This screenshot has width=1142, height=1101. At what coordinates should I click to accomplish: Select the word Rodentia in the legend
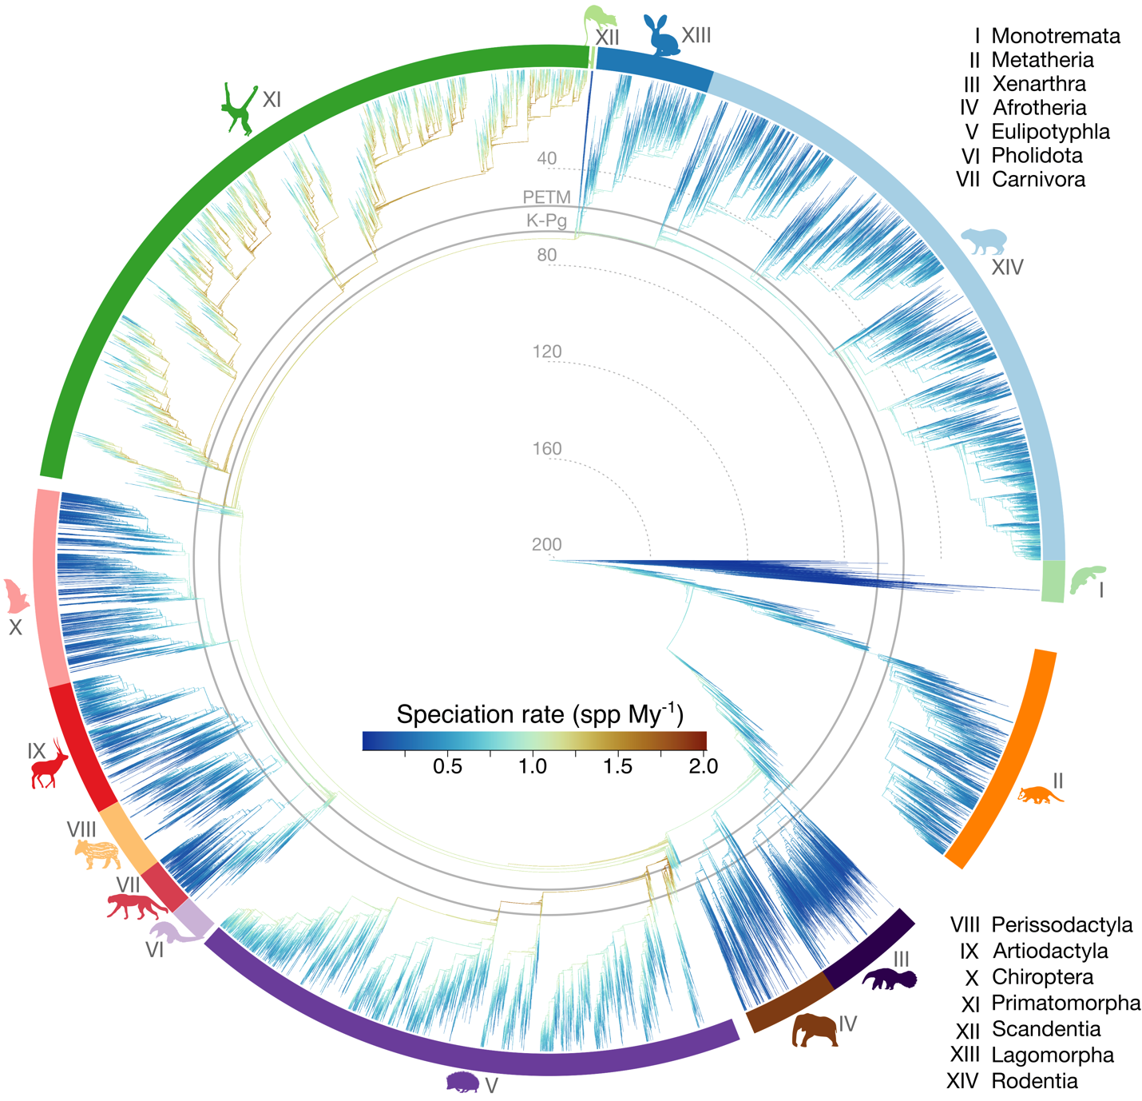[x=1034, y=1081]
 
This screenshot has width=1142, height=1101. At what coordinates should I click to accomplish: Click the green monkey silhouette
[x=238, y=108]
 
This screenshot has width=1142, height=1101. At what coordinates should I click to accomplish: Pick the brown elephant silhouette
[x=815, y=1030]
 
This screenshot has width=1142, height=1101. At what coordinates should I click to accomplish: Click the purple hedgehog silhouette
[x=462, y=1083]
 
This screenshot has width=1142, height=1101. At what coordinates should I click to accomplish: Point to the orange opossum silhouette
[x=1040, y=794]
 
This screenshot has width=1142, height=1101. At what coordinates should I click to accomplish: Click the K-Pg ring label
[x=546, y=221]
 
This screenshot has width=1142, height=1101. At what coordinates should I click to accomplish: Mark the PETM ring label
[x=546, y=197]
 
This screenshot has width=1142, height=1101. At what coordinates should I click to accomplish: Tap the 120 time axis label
[x=547, y=352]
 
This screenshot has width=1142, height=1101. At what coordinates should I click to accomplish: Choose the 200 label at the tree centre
[x=547, y=545]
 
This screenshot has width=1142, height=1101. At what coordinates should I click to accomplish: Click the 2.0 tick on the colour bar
[x=703, y=766]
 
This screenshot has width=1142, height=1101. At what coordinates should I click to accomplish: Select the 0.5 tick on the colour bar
[x=447, y=766]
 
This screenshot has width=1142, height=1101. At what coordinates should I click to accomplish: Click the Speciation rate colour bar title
[x=540, y=714]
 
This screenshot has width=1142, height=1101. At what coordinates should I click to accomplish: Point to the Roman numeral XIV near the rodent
[x=1007, y=268]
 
